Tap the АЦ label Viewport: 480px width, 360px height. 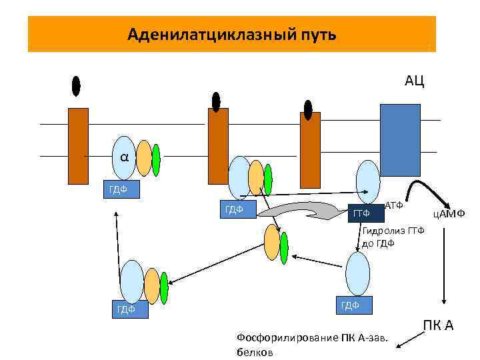[x=414, y=81]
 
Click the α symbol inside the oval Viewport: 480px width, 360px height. [x=125, y=157]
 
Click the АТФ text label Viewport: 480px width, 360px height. [x=395, y=205]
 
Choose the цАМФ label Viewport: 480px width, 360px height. [x=448, y=213]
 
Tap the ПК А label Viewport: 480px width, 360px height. [x=438, y=326]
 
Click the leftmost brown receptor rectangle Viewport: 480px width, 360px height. [x=78, y=145]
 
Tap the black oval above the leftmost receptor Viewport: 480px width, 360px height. [x=76, y=86]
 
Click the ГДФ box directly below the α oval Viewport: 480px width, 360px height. [x=120, y=189]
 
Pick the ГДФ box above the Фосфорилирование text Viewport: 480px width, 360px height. [x=353, y=305]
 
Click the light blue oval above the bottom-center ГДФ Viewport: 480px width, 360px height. [x=358, y=273]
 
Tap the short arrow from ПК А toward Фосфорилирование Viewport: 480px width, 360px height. [x=407, y=338]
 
